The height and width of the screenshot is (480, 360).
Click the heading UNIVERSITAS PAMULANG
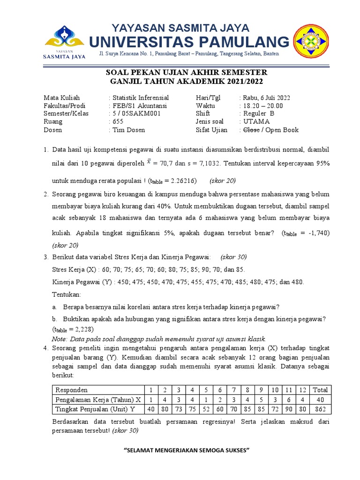(x=189, y=42)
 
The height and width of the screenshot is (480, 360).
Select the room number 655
(x=118, y=122)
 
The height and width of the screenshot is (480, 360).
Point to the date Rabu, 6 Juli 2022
(x=266, y=98)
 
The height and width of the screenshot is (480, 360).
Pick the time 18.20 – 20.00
(x=263, y=106)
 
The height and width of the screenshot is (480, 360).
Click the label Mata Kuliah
(x=62, y=98)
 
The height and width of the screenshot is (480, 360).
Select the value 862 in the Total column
(x=320, y=410)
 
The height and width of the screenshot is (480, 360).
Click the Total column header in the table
(x=320, y=390)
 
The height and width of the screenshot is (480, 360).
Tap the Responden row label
(x=72, y=390)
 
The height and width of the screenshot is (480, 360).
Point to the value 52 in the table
(x=206, y=410)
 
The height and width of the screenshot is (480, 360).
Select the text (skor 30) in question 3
(x=233, y=257)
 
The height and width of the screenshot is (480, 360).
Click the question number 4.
(x=46, y=348)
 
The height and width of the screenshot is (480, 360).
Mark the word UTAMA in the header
(x=256, y=122)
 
